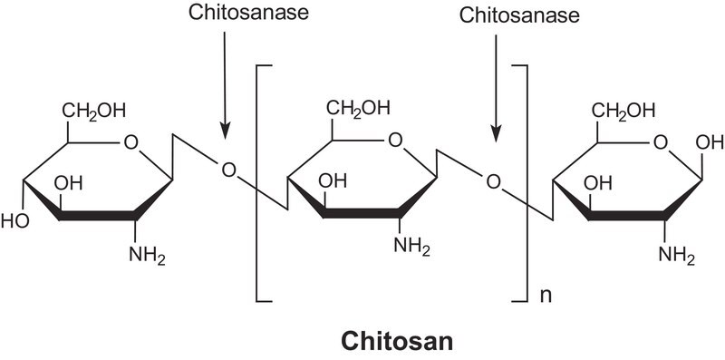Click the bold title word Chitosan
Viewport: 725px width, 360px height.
coord(397,343)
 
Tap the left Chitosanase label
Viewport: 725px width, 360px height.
coord(248,13)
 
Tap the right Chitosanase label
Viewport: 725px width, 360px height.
coord(519,15)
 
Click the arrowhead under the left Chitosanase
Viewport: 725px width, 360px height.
coord(225,131)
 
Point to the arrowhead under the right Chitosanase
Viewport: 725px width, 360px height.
coord(496,133)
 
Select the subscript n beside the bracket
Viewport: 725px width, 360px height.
coord(546,295)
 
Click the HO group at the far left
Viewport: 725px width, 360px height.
coord(15,220)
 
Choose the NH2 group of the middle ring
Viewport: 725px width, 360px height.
coord(411,247)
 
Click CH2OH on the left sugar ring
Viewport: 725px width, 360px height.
coord(94,112)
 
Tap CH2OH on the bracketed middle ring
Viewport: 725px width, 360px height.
coord(358,108)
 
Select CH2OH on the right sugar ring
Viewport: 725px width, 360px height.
coord(623,112)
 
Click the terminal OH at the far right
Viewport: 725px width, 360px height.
coord(710,142)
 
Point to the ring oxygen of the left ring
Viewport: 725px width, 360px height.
coord(130,142)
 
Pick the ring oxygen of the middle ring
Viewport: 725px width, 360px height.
coord(395,140)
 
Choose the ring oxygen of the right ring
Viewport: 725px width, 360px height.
coord(661,142)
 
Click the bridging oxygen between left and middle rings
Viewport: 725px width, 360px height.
coord(228,170)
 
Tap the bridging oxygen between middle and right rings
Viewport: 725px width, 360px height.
coord(493,180)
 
